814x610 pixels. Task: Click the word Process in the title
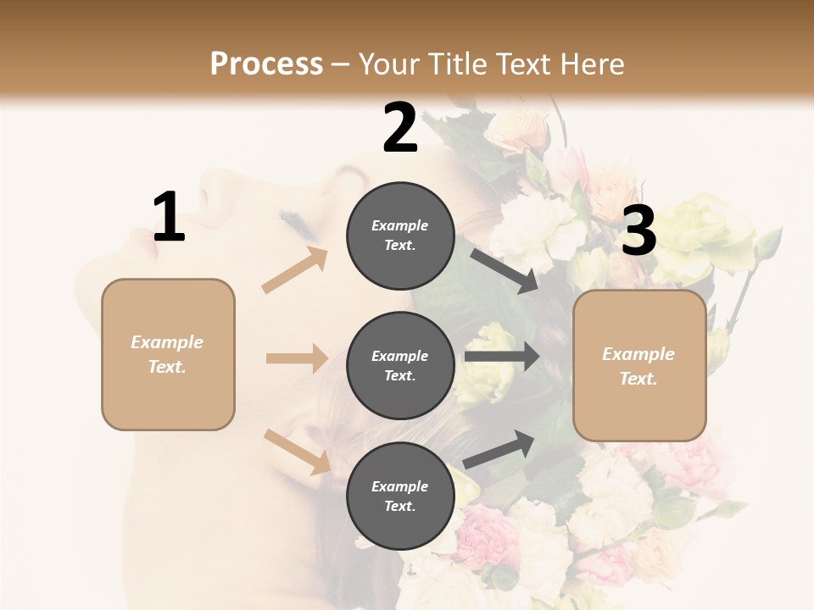click(x=266, y=64)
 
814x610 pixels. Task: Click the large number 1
click(x=169, y=218)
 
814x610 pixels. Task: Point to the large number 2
click(x=400, y=128)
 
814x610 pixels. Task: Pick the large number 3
click(x=638, y=231)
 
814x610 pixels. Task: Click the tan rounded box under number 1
click(x=168, y=354)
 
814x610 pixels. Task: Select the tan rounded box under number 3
click(x=639, y=366)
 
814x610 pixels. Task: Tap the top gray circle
click(x=400, y=236)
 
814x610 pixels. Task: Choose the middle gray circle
click(x=400, y=366)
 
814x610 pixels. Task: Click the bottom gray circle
click(x=400, y=496)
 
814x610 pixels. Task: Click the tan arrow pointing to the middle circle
click(x=297, y=358)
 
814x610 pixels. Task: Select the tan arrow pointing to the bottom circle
click(x=297, y=452)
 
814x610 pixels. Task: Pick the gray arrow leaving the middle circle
click(x=501, y=356)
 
